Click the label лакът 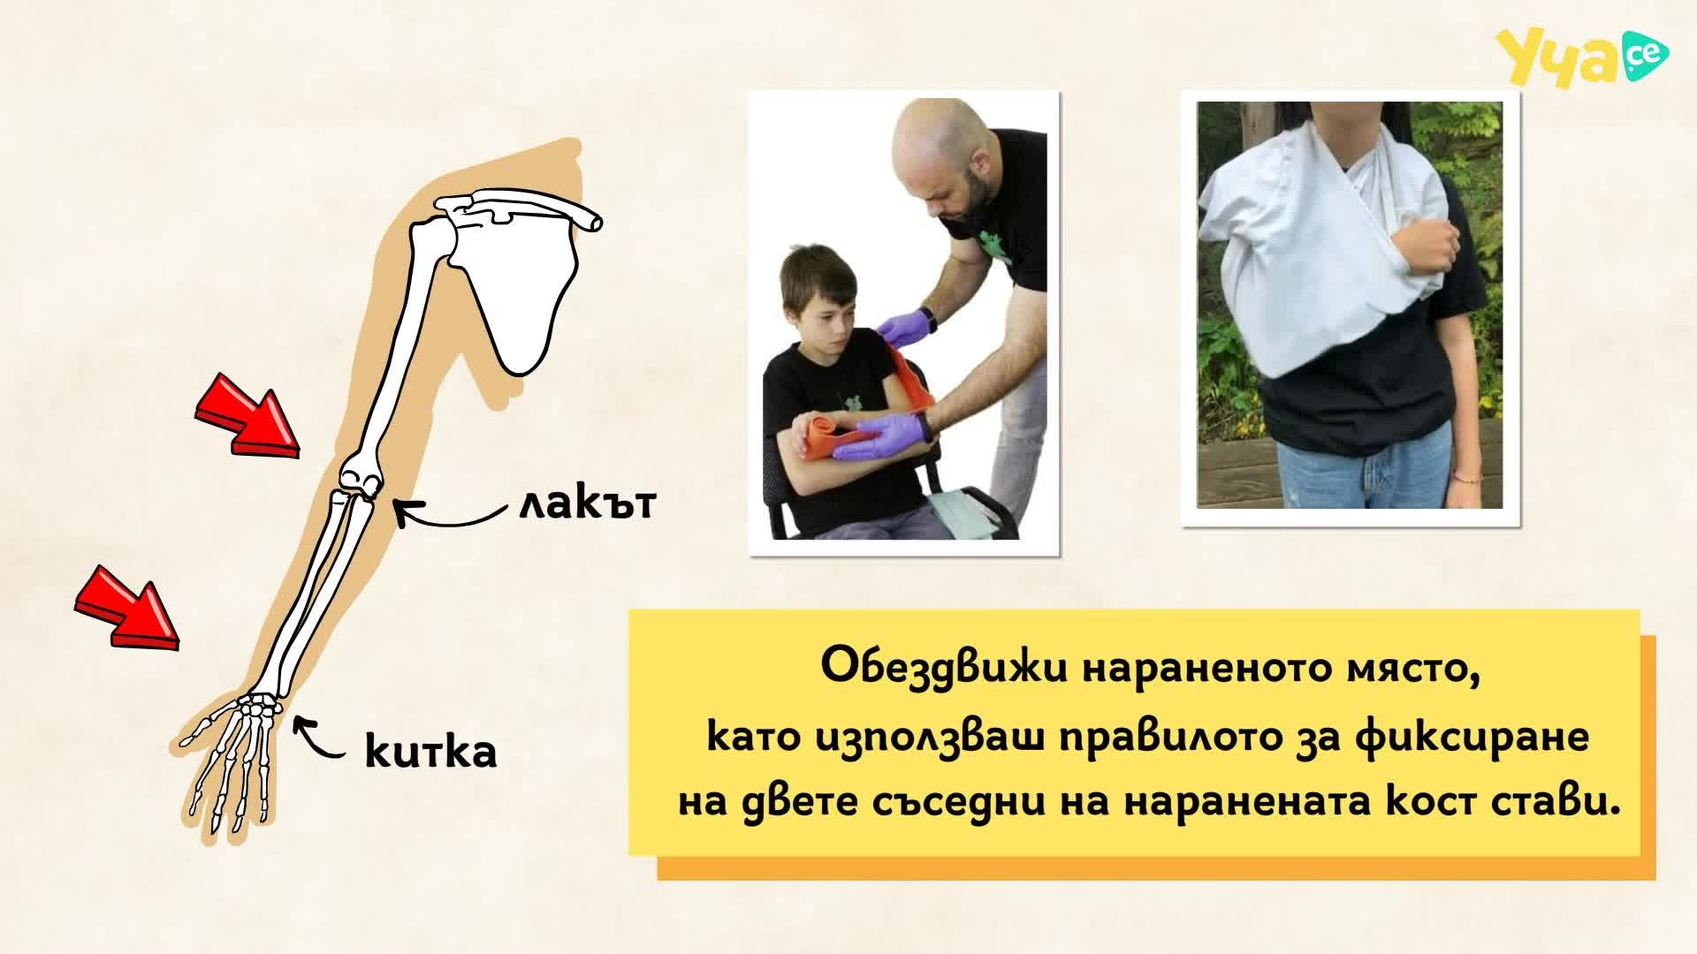pos(587,503)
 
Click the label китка pos(430,751)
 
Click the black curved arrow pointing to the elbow pos(451,513)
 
